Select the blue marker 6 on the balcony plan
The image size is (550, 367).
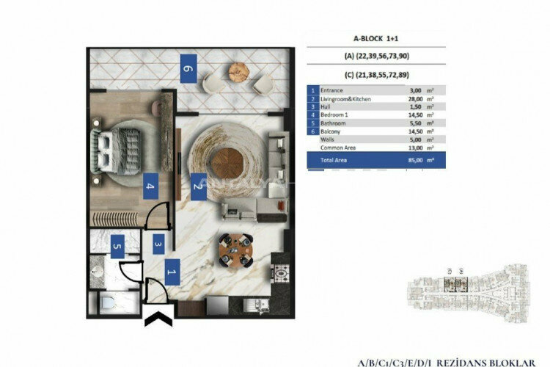click(188, 70)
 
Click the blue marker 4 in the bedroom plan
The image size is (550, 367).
click(150, 187)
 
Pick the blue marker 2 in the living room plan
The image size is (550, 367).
click(197, 187)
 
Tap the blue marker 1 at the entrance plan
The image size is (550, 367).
click(171, 272)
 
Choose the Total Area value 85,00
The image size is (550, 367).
click(424, 159)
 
